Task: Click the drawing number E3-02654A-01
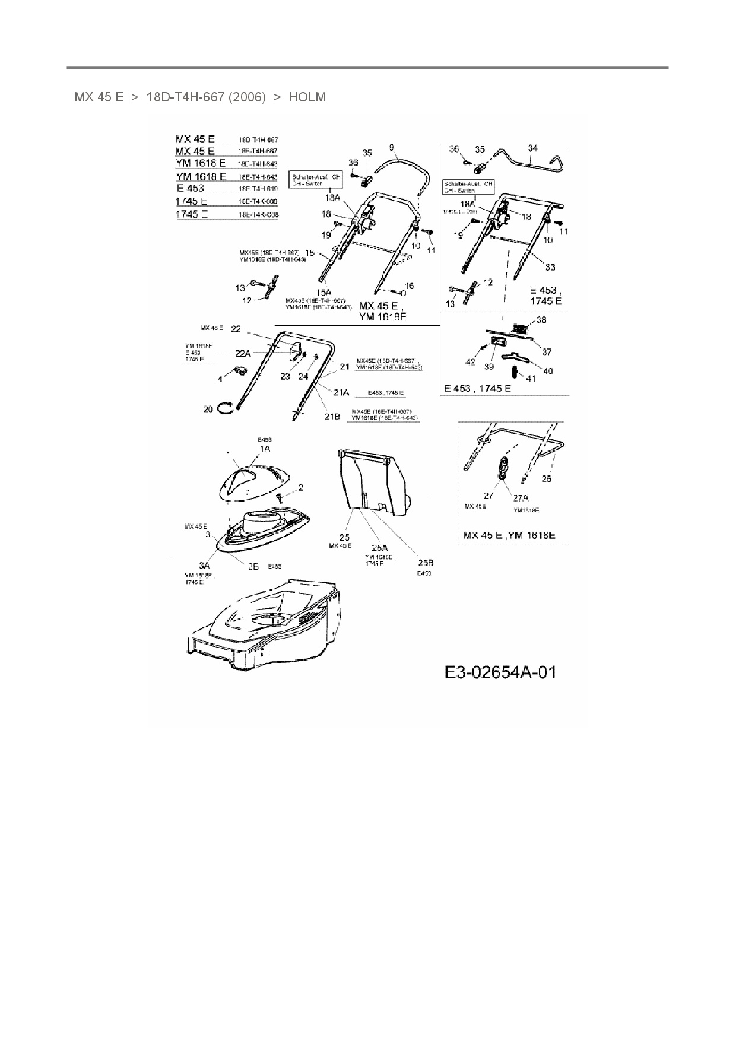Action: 500,672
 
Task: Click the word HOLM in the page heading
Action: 307,97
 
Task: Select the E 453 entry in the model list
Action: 190,188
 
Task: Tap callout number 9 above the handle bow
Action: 392,147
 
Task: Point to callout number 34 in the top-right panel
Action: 532,148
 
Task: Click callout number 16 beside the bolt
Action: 410,285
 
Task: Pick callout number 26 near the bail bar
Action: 547,478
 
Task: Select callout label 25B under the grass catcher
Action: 426,563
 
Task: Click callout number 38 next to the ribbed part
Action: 541,320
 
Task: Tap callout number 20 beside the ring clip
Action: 208,409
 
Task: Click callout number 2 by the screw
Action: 301,487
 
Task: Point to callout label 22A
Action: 243,353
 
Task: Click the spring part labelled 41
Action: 515,372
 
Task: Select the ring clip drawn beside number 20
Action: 225,407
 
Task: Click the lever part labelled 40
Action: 513,358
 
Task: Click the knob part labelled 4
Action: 240,372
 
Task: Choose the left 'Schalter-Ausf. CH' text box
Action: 316,180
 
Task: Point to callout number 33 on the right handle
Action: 550,267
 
